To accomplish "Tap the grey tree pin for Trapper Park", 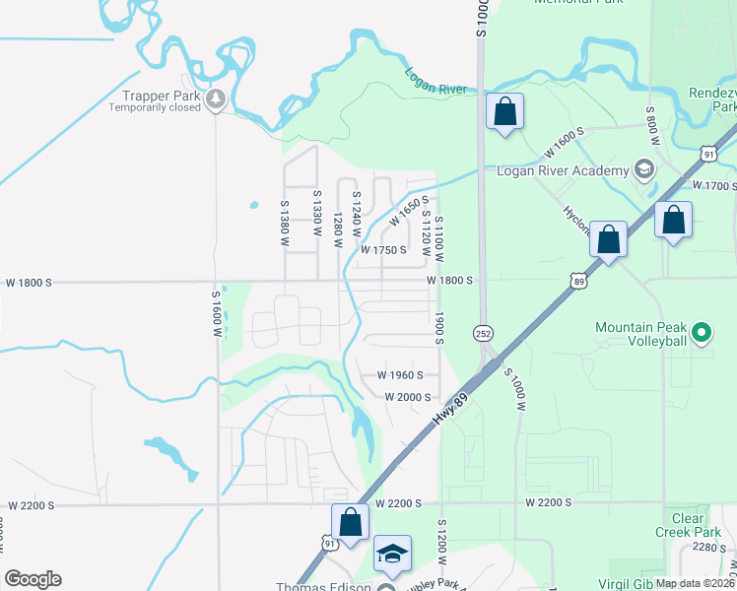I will point(216,98).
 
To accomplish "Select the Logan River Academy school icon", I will point(645,169).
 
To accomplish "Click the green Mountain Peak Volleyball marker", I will point(701,333).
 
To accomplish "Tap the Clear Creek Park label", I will point(680,525).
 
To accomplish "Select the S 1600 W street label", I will point(217,312).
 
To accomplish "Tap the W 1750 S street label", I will point(383,250).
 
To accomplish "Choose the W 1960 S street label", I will point(400,375).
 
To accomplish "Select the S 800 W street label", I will point(650,127).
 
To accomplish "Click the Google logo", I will point(33,579).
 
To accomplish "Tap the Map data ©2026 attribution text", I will point(694,582).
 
